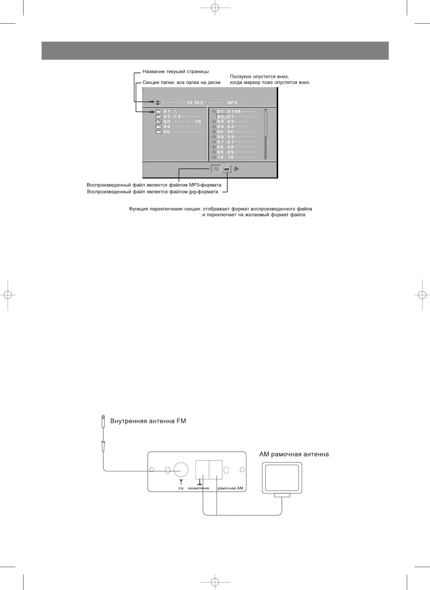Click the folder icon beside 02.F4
click(158, 117)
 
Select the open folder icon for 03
click(158, 122)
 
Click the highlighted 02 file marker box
click(221, 117)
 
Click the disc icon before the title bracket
click(158, 103)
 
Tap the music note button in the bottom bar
click(216, 168)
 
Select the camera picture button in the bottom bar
click(227, 168)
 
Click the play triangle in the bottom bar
click(237, 168)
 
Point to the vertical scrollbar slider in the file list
click(266, 123)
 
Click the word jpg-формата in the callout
click(205, 192)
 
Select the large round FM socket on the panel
click(181, 470)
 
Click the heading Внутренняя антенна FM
click(148, 421)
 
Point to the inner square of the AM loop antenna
click(282, 478)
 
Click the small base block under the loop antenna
click(282, 495)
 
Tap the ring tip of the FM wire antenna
click(103, 417)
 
